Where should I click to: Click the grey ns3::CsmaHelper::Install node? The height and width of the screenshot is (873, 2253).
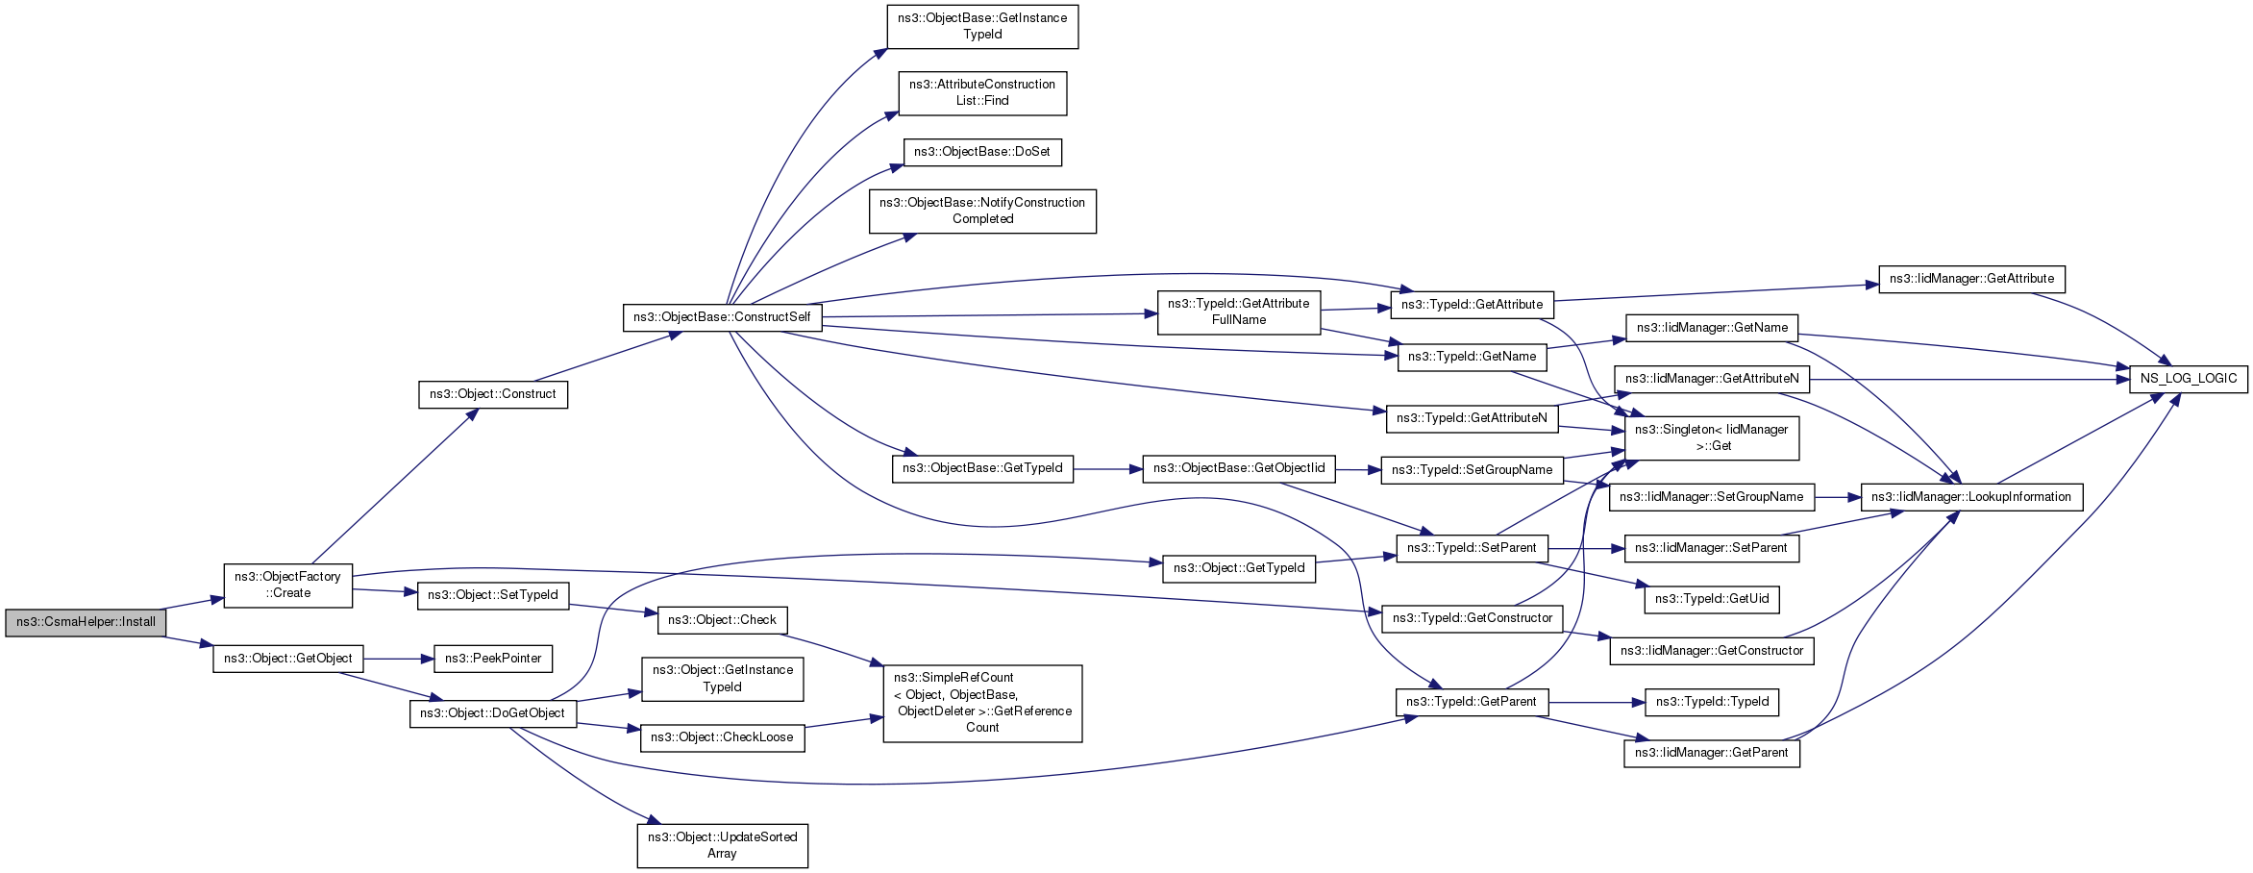86,622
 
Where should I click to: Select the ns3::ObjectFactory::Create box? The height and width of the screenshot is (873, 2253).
288,585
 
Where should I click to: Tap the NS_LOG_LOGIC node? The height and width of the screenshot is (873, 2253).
2189,379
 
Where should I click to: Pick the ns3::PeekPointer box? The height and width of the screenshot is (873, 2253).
493,659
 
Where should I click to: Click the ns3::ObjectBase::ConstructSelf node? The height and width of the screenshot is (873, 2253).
723,317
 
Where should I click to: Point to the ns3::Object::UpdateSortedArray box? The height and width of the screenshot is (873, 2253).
723,845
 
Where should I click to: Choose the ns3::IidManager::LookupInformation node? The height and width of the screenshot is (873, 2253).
1971,497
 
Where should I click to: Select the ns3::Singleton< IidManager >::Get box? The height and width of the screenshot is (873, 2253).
1712,437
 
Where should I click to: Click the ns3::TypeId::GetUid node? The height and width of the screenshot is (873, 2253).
1712,599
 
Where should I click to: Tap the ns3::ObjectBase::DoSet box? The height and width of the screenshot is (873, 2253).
982,152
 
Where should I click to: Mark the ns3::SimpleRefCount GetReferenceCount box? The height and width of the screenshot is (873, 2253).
982,703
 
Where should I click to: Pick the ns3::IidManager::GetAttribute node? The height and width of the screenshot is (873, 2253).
1971,279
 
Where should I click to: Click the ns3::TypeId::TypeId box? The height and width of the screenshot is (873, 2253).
1712,702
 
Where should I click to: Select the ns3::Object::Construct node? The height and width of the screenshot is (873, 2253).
493,394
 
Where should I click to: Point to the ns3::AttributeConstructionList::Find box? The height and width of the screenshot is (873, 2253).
982,92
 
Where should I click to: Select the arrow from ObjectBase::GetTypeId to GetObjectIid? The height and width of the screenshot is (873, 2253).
1107,469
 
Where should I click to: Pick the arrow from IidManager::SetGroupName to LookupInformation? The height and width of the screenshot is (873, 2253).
1838,497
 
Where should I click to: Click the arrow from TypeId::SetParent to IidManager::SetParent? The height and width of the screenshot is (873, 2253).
1586,548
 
